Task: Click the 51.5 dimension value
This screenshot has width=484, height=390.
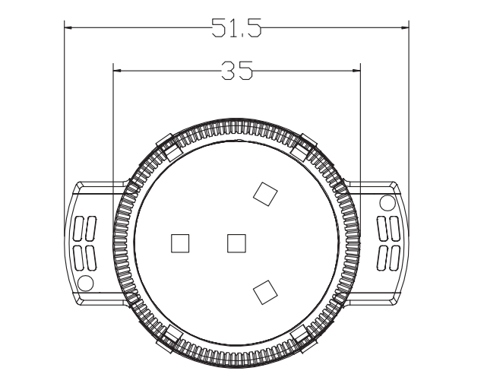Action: [x=236, y=29]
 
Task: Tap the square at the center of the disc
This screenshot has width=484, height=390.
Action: [x=237, y=243]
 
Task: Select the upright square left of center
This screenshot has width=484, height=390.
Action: [x=180, y=243]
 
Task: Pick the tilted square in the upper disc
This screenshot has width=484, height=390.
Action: [x=264, y=194]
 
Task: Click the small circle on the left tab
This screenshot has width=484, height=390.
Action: [x=85, y=284]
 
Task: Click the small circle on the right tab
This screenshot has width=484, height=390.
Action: [x=388, y=202]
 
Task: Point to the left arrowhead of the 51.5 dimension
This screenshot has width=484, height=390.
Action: [x=68, y=29]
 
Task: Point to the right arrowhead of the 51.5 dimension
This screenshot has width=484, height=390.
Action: [x=405, y=29]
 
